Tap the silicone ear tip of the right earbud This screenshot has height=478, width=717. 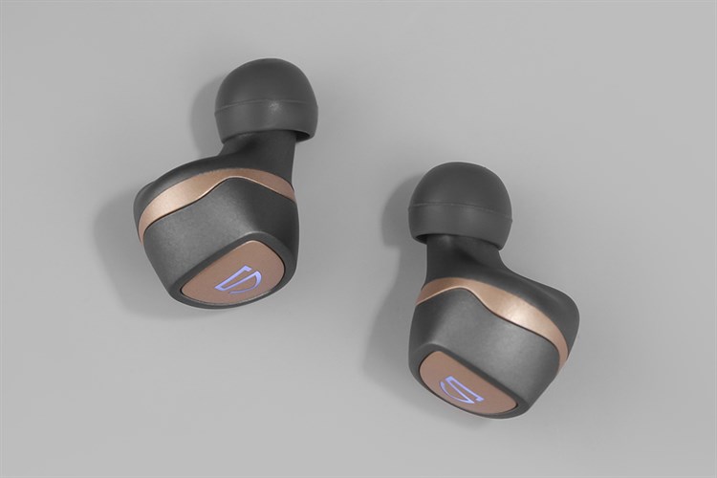tap(462, 209)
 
